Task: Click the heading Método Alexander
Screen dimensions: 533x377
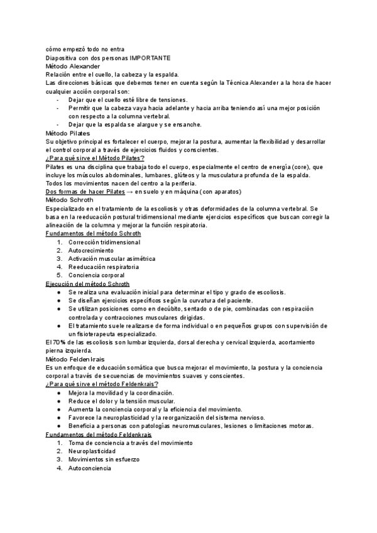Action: point(73,65)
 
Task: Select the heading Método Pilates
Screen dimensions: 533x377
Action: point(68,133)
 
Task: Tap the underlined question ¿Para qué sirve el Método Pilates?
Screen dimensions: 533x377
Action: point(96,158)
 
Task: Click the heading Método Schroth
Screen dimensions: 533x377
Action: point(70,199)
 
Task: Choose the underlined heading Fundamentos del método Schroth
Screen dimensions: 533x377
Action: point(94,233)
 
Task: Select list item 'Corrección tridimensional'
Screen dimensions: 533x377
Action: point(104,242)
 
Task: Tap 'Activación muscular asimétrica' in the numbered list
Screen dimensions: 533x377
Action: point(112,258)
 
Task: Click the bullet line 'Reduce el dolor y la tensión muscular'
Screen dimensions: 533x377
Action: point(122,401)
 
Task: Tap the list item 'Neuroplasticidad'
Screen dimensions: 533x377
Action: point(93,451)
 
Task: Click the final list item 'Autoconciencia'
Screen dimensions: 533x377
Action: point(90,468)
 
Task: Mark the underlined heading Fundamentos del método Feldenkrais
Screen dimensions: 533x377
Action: point(99,434)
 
